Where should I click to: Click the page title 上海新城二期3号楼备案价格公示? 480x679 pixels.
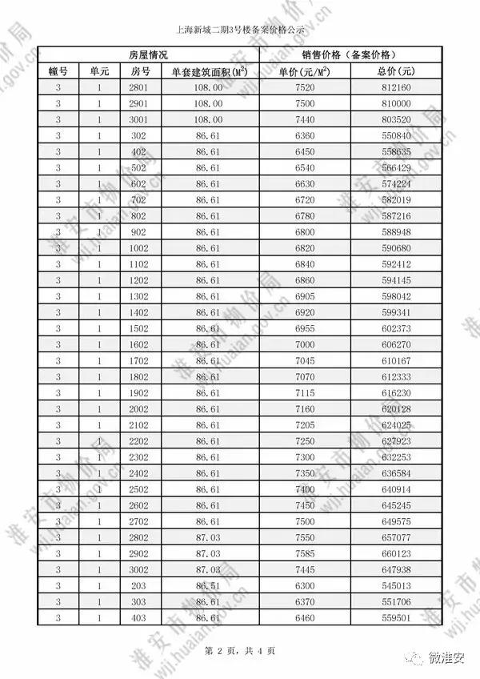(240, 31)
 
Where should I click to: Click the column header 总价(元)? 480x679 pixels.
(396, 71)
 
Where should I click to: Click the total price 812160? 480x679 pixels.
(396, 87)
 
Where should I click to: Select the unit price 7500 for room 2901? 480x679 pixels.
(305, 103)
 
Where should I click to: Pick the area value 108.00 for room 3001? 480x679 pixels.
(208, 119)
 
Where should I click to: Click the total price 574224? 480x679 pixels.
(396, 183)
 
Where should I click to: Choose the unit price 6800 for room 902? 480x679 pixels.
(305, 232)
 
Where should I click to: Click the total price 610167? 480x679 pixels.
(396, 361)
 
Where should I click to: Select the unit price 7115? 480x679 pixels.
(305, 393)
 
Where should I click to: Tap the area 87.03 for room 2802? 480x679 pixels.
(208, 537)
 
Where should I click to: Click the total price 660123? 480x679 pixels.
(396, 553)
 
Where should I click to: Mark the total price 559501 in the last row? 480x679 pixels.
(396, 617)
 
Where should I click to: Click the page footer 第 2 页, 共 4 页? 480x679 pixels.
(240, 650)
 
